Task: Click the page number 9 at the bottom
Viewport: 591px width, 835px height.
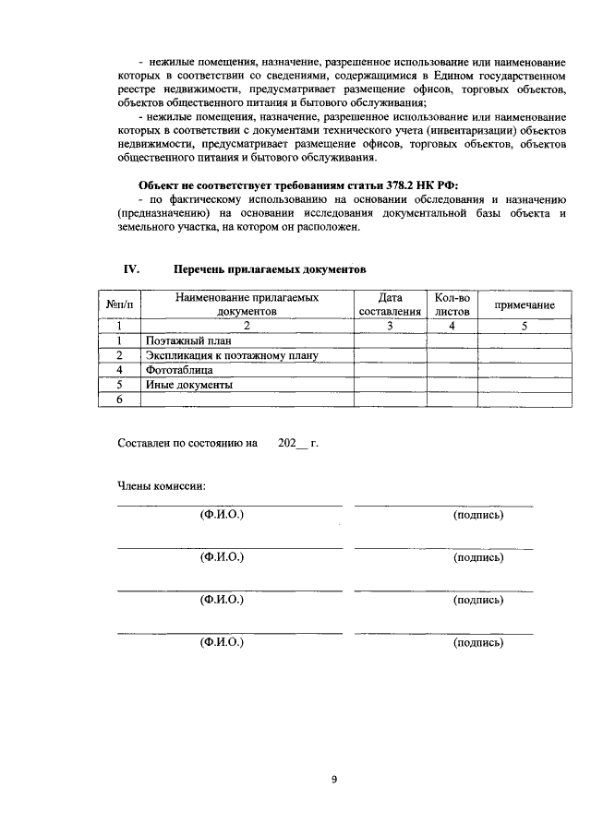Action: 334,780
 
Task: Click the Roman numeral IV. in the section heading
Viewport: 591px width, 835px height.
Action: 131,268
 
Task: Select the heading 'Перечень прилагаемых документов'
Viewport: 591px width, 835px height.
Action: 271,269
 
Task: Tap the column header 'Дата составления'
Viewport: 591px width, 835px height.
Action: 390,304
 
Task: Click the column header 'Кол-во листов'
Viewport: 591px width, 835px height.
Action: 452,304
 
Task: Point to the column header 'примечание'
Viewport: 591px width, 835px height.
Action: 524,304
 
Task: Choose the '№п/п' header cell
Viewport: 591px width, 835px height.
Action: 119,304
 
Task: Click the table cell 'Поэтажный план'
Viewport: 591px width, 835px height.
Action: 181,340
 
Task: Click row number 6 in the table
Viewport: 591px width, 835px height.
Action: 119,400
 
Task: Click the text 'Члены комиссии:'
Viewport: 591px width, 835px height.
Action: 162,486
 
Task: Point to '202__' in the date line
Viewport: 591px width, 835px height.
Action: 292,443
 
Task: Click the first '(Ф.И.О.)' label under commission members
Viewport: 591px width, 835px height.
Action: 222,514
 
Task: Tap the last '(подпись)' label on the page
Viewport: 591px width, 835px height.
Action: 478,642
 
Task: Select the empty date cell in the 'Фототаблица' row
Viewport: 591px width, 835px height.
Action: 390,370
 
